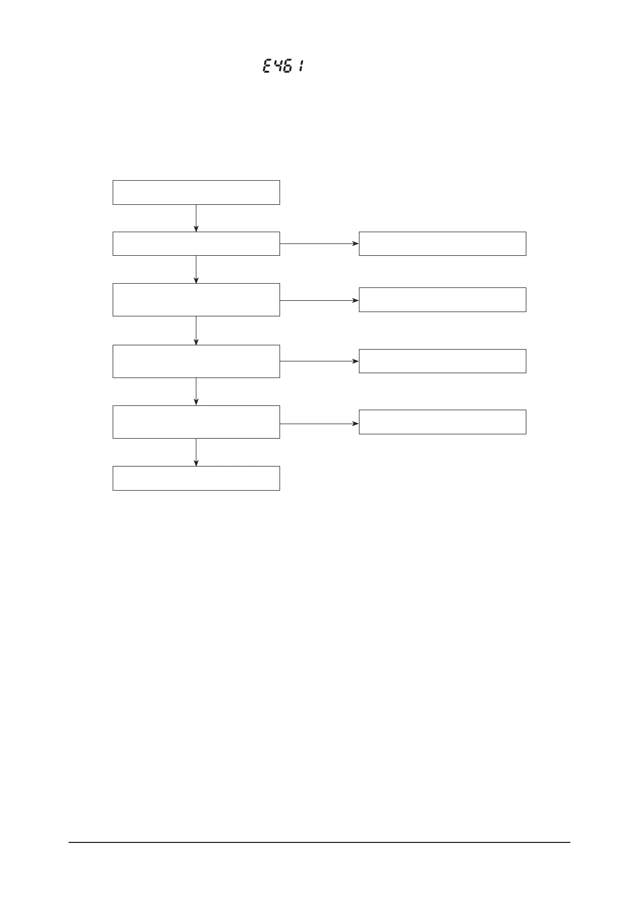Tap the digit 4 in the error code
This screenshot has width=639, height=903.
click(279, 67)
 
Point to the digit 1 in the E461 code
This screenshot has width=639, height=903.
click(303, 67)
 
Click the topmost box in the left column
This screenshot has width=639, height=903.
click(196, 193)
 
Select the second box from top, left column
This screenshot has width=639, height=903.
click(196, 243)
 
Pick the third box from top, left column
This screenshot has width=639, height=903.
click(196, 300)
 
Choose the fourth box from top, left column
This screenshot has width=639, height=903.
click(196, 361)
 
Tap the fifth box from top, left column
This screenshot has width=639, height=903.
click(196, 422)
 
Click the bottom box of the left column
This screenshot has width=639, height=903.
click(196, 478)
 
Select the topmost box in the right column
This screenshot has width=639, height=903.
click(442, 243)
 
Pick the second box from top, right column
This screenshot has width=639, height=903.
click(442, 300)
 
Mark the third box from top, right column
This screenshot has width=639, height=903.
click(442, 361)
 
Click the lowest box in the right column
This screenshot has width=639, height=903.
click(442, 422)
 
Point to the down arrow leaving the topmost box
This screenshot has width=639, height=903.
click(196, 218)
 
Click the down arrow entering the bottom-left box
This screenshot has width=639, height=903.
click(196, 453)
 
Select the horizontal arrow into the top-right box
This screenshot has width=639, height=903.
click(319, 243)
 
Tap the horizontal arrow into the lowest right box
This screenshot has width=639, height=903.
click(319, 424)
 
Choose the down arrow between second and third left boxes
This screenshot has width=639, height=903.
click(196, 269)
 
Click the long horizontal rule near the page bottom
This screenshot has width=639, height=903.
click(319, 842)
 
